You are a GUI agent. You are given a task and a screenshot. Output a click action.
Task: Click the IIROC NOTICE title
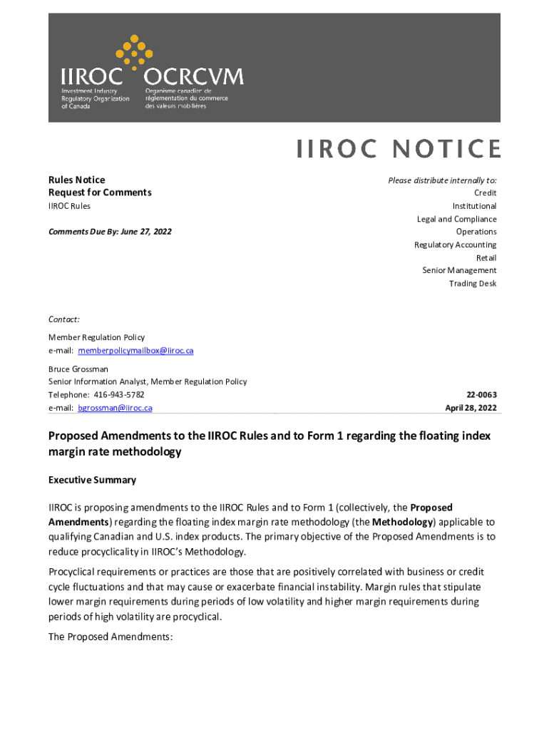point(398,148)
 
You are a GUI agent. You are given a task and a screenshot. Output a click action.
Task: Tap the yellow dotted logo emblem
point(133,51)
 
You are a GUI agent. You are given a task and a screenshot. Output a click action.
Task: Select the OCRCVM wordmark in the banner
point(194,76)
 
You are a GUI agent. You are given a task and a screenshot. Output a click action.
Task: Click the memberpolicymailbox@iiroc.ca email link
point(135,351)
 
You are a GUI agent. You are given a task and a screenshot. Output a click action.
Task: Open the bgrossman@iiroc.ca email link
point(115,408)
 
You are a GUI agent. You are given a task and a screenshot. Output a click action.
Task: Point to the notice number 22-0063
point(481,394)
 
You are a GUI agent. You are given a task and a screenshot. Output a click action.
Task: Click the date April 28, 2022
point(471,408)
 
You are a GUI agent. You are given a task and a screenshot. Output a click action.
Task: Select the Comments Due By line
point(110,232)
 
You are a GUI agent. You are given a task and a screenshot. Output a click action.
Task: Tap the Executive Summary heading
point(92,480)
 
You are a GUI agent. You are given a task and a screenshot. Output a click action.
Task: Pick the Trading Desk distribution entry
point(472,284)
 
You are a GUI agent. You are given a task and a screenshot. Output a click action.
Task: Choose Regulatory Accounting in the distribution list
point(455,245)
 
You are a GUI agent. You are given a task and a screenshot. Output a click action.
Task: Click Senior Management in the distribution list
point(459,270)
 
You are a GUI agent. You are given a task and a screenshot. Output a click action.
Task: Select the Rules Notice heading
point(76,180)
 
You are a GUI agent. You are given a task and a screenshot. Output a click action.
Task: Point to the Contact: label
point(64,319)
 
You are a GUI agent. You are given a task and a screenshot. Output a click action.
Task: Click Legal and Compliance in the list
point(456,219)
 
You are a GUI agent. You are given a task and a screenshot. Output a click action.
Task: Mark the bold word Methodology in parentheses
point(402,522)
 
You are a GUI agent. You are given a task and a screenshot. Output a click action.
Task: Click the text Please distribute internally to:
point(442,180)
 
